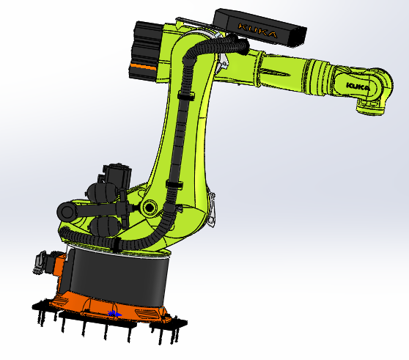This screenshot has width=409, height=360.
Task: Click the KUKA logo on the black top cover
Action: [257, 32]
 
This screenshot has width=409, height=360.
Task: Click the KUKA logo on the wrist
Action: [357, 87]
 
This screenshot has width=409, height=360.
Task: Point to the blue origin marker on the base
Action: [113, 313]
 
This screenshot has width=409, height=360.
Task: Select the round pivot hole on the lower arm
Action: [150, 207]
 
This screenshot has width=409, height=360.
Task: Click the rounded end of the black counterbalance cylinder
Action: [67, 212]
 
